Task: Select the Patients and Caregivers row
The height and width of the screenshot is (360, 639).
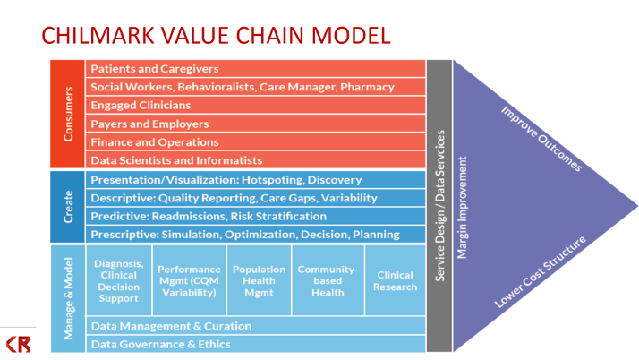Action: (255, 69)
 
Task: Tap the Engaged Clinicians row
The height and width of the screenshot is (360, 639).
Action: (255, 106)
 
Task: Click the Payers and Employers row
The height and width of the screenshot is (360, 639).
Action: (255, 124)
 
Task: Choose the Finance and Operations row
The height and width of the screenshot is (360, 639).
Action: (255, 141)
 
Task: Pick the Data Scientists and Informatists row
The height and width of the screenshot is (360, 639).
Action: (255, 160)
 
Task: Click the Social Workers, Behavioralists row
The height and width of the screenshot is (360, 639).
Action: (255, 87)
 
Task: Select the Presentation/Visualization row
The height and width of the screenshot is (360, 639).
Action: (255, 180)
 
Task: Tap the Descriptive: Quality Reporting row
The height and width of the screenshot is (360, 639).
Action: (255, 198)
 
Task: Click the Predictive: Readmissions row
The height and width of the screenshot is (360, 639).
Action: (255, 216)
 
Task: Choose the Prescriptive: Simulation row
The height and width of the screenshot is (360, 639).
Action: (255, 234)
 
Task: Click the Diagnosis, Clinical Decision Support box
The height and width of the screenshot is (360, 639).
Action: (119, 280)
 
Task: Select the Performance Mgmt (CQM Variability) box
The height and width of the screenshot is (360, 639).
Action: (188, 280)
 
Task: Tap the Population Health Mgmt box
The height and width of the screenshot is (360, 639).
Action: (258, 280)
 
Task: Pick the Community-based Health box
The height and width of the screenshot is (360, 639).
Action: (328, 280)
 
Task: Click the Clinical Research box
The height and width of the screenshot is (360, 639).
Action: (395, 280)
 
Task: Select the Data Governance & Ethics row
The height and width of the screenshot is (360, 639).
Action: (255, 344)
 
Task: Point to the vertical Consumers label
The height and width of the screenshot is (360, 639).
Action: (68, 114)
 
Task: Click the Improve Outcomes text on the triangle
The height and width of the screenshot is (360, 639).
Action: (541, 140)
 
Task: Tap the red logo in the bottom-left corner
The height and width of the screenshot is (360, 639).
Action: (18, 343)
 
